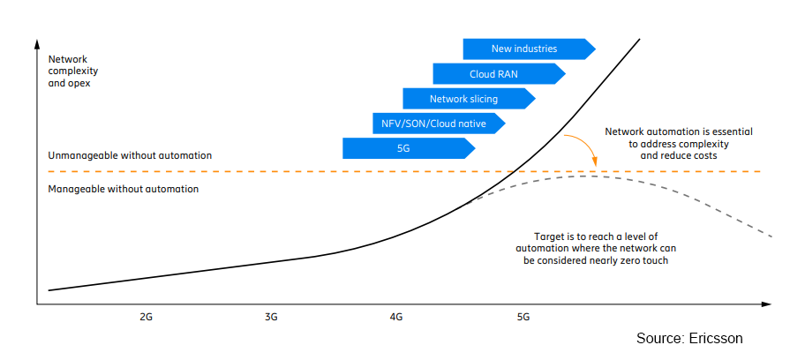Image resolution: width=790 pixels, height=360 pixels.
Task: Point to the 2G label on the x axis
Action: [x=147, y=317]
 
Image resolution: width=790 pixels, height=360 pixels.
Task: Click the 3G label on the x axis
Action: [x=271, y=317]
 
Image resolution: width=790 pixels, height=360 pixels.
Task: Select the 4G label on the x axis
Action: [x=396, y=317]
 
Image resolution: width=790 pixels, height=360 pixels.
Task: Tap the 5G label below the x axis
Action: [x=523, y=317]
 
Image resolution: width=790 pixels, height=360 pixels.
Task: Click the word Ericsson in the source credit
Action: [x=715, y=338]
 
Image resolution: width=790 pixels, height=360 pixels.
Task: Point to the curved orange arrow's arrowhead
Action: [x=596, y=162]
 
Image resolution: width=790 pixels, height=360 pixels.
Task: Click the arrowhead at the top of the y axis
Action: [x=37, y=43]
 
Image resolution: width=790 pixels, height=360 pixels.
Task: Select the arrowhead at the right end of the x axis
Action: [x=766, y=304]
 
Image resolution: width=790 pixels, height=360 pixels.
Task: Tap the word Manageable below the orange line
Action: [x=71, y=190]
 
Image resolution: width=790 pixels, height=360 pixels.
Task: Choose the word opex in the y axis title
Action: [x=79, y=84]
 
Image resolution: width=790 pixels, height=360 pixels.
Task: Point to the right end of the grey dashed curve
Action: [x=771, y=236]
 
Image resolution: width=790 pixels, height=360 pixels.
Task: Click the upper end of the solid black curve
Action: [x=640, y=38]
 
